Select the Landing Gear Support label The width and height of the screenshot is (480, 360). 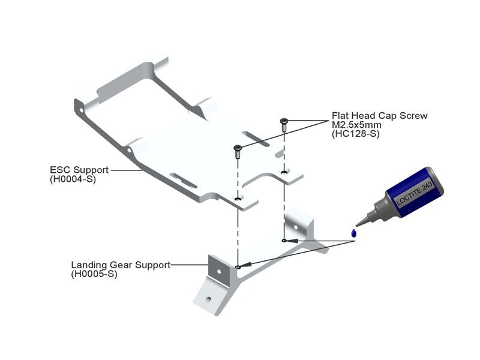121,265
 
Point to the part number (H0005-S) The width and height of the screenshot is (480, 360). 94,274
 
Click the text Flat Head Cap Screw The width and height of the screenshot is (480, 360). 379,116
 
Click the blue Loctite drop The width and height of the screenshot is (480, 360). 355,232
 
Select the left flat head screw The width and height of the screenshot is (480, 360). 238,150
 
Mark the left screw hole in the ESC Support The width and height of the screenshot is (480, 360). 238,199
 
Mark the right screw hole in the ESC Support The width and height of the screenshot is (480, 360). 284,172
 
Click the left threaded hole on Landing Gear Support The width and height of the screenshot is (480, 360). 238,267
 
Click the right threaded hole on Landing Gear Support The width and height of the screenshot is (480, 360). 284,241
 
